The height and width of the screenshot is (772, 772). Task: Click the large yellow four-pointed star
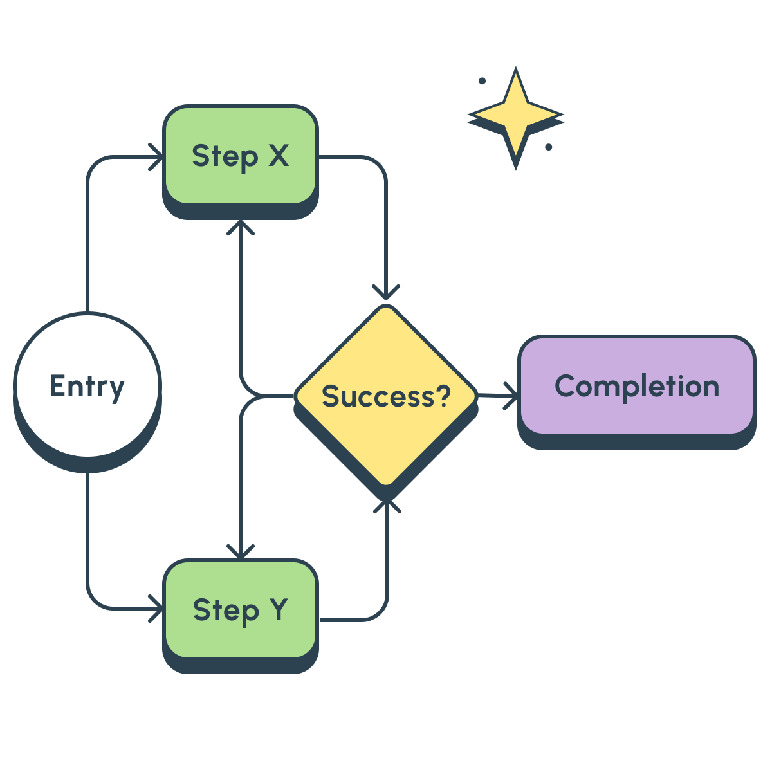point(515,116)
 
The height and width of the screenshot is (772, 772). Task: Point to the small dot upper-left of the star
point(482,81)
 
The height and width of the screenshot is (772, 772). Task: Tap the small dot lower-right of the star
point(549,147)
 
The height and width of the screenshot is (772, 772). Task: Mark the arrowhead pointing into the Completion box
point(511,395)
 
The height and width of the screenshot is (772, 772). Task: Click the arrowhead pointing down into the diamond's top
point(386,293)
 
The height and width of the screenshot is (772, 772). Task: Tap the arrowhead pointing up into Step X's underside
point(241,228)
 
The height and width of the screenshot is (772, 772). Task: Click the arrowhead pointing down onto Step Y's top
point(241,551)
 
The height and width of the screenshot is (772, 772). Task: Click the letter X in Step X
point(278,156)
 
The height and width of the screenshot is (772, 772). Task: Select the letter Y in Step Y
point(278,609)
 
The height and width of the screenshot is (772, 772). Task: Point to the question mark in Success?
point(442,396)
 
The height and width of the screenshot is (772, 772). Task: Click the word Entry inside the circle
point(87,387)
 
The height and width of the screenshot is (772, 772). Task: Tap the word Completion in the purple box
point(636,387)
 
